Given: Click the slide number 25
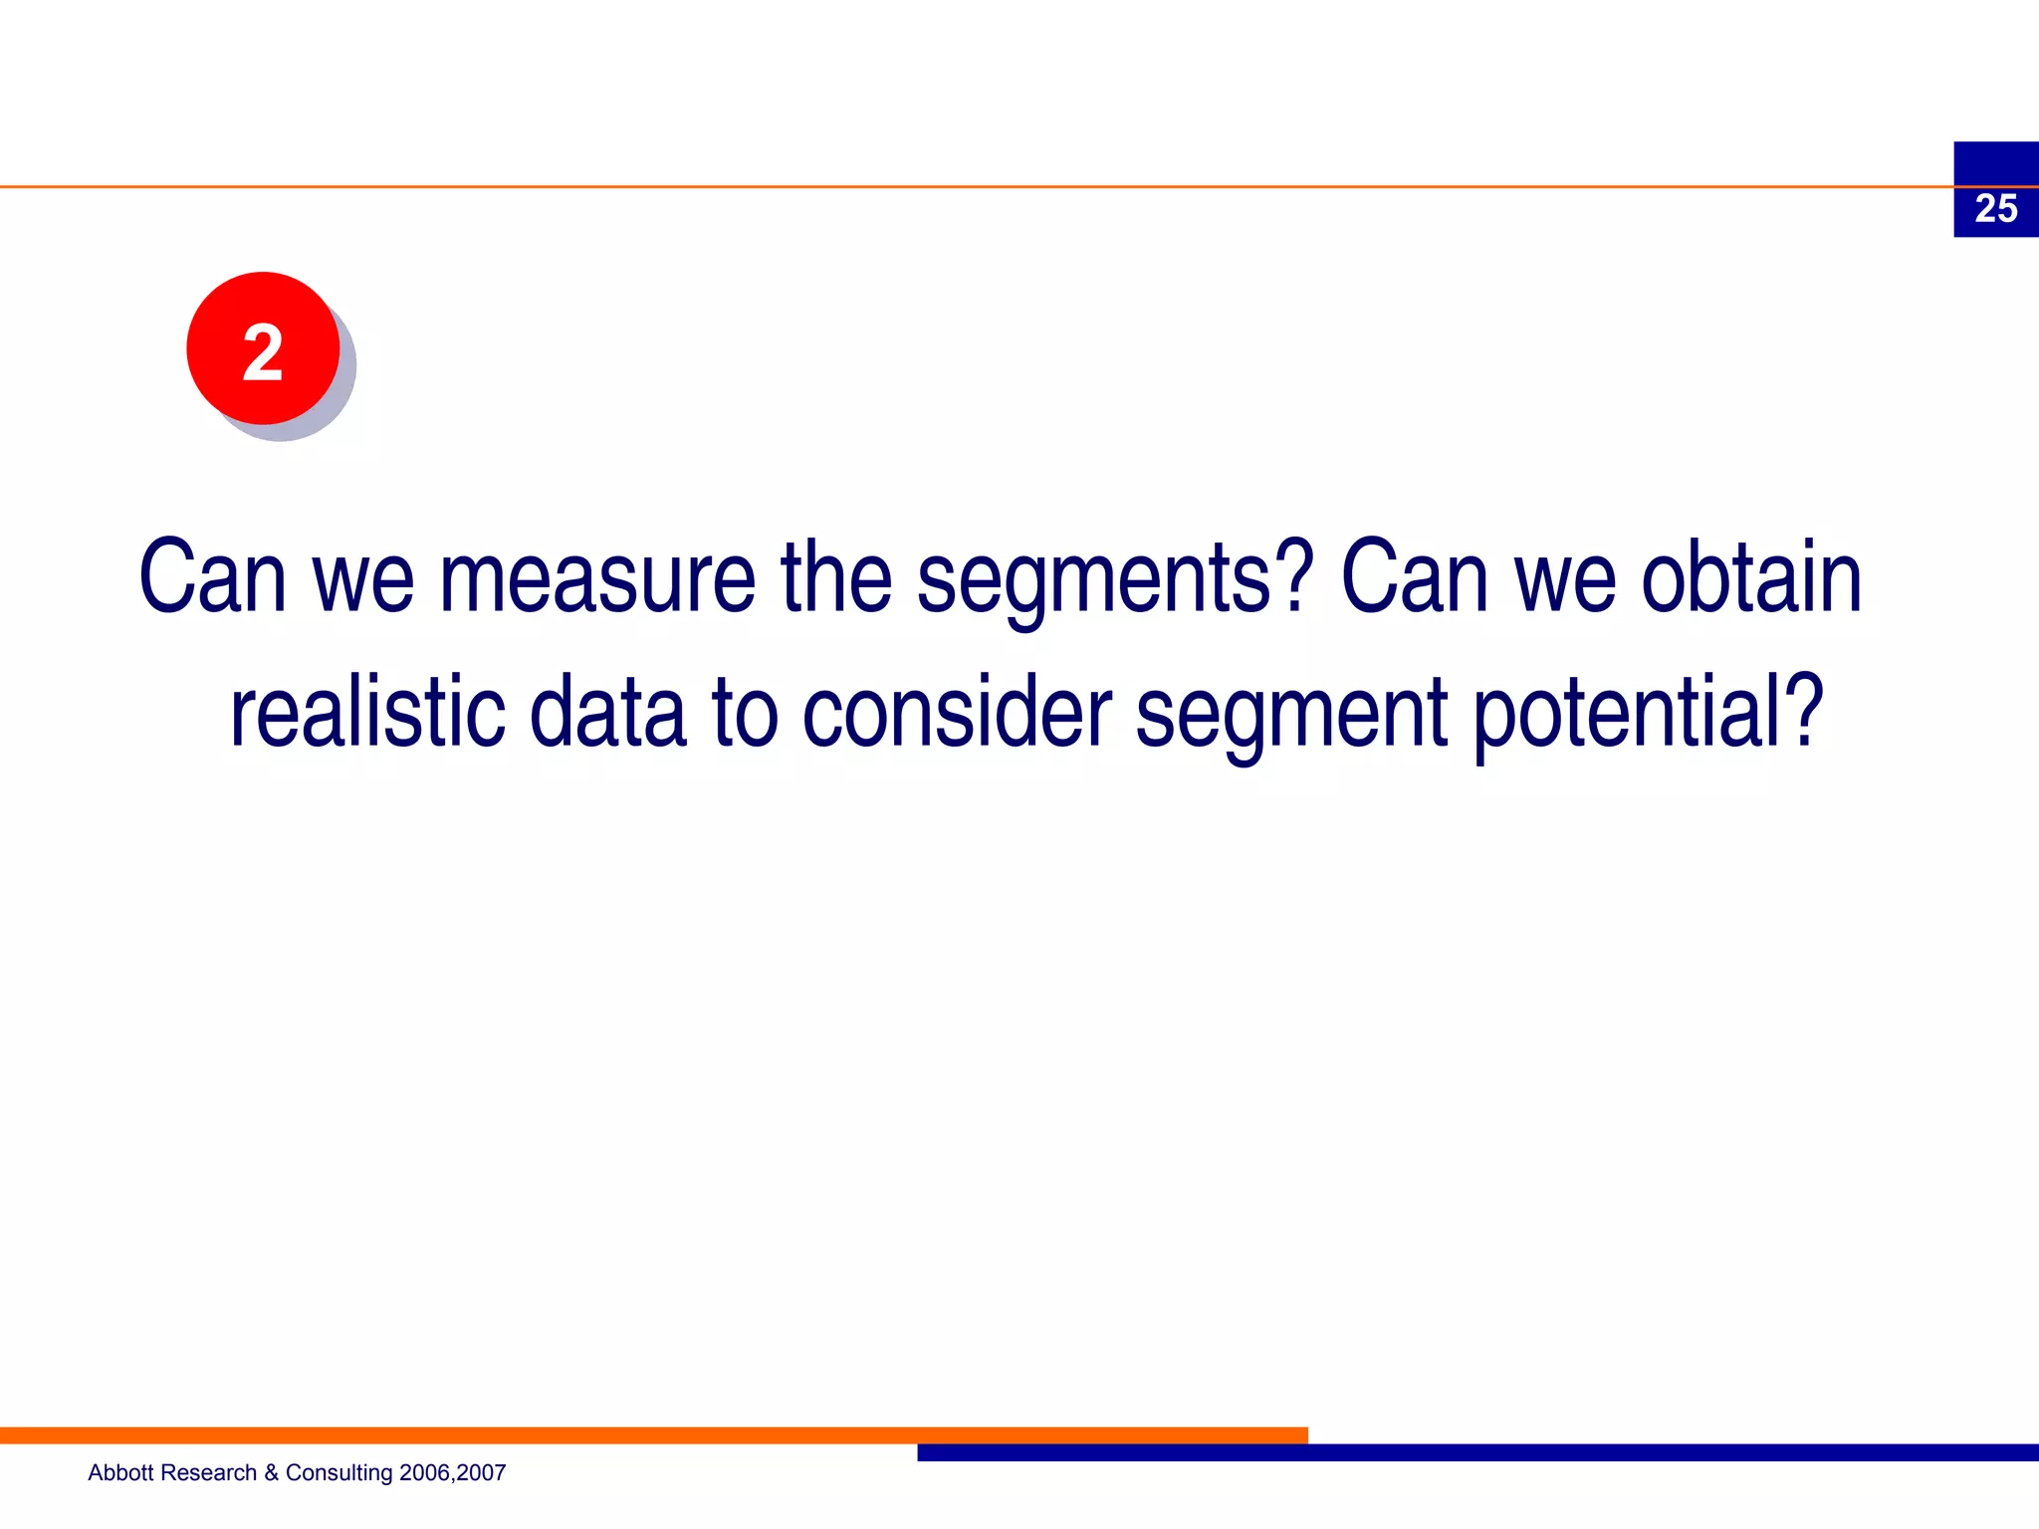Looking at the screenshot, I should (1995, 209).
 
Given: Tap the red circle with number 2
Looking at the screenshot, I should (263, 348).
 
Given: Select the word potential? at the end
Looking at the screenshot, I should (1648, 715).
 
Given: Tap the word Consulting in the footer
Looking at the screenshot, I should (339, 1473).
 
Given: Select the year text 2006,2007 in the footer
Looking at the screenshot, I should (452, 1473).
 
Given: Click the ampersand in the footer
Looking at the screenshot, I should (271, 1472).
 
